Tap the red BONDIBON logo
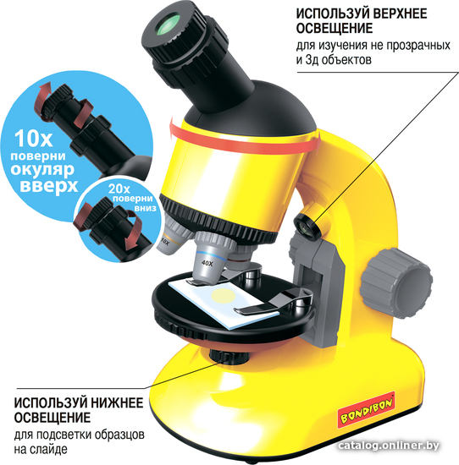coord(367,411)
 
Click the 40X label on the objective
coord(207,263)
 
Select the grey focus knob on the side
coord(396,283)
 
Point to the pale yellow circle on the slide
coord(224,296)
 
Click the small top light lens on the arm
coord(307,226)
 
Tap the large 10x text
coord(33,138)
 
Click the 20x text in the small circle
coord(119,189)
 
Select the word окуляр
coord(42,169)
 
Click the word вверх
coord(49,185)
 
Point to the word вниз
coord(146,208)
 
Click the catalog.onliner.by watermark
coord(389,445)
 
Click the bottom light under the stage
coord(229,355)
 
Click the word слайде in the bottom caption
coord(48,450)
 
